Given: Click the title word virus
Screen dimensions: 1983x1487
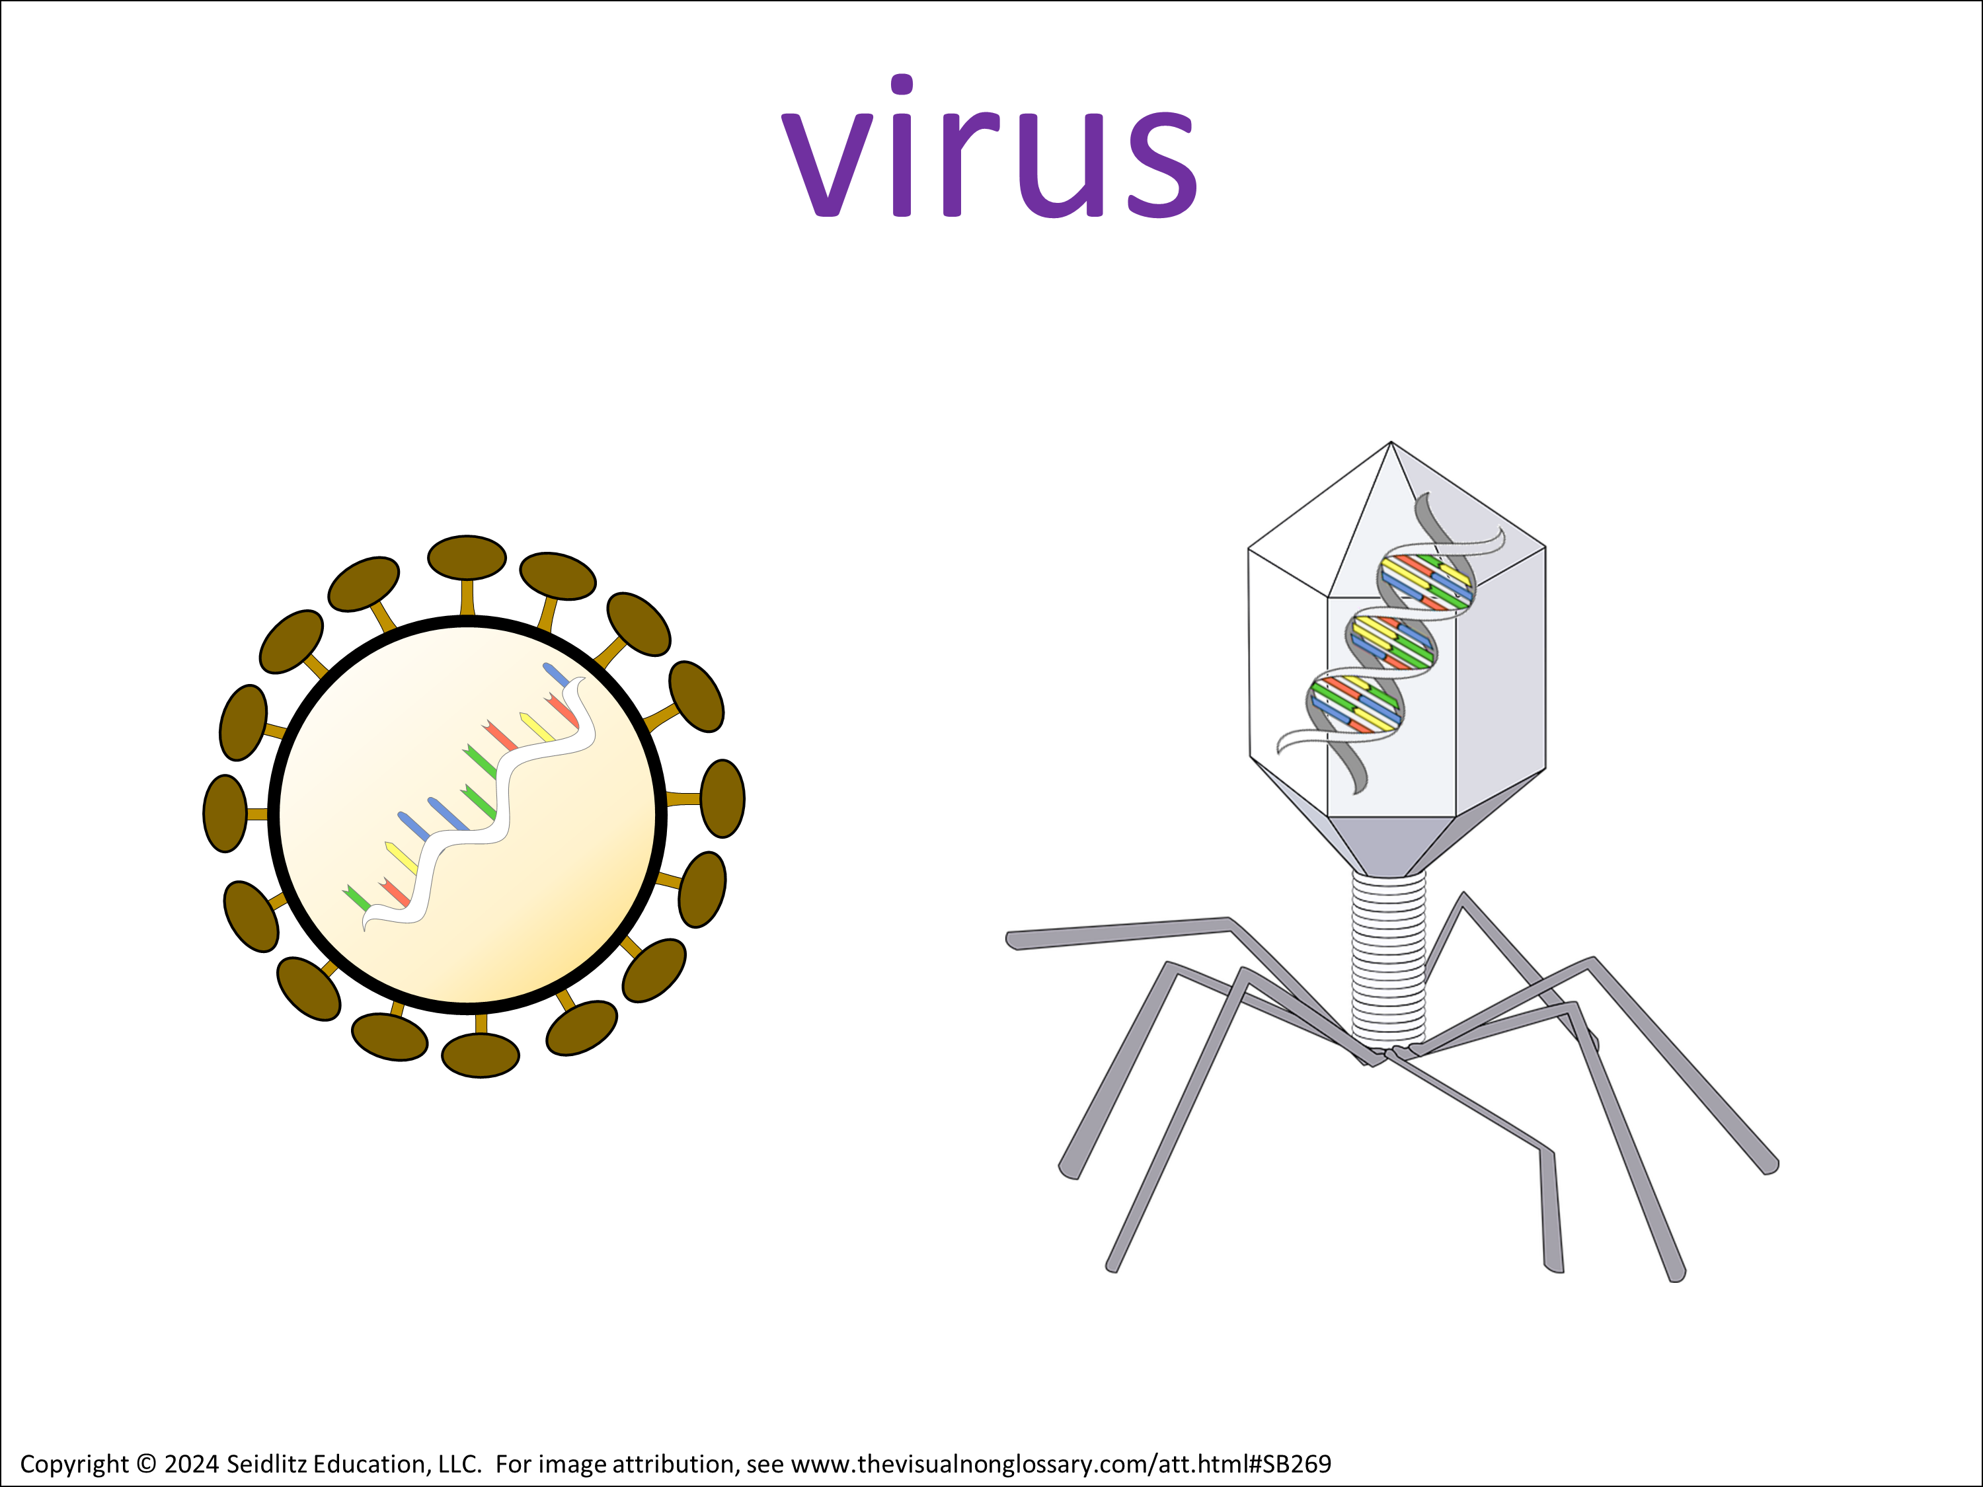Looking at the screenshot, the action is (990, 146).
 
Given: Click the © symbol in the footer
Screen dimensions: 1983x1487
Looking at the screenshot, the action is (146, 1464).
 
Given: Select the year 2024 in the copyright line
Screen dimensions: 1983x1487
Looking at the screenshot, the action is (191, 1464).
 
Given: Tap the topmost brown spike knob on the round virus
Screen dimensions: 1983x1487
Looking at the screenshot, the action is (467, 558).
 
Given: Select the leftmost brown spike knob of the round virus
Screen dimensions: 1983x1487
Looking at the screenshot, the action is (225, 813).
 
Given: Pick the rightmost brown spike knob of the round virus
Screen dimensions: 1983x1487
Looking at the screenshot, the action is (722, 798).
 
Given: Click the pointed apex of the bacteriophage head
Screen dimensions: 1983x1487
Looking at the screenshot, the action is (1391, 442).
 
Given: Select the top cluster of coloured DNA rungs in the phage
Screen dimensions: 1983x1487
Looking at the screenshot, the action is (1425, 582).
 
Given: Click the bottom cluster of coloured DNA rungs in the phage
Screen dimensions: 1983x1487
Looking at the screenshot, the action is (1354, 704).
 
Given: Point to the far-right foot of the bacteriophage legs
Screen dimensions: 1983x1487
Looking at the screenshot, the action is (1769, 1165).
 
